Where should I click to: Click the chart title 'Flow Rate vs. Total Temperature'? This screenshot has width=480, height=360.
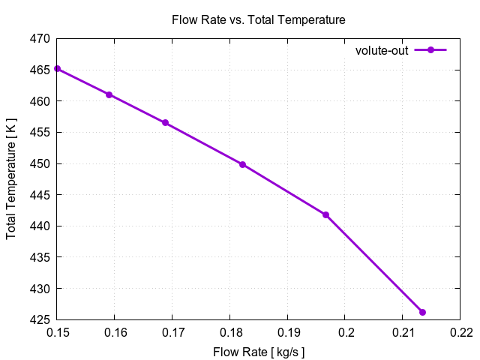point(259,20)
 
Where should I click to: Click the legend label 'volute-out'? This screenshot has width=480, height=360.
point(382,50)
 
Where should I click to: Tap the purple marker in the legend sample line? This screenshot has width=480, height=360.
point(430,50)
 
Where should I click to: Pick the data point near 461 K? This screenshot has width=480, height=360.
point(109,94)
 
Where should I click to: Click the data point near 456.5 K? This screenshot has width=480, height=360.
point(165,123)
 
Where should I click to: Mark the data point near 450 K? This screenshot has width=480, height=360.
point(242,164)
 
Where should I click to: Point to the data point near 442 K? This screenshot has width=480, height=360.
point(325,214)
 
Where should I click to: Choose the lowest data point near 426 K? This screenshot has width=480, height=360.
point(422,312)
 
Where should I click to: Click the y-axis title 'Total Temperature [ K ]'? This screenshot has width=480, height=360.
point(11,178)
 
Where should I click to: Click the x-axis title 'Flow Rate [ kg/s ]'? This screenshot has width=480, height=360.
point(259,352)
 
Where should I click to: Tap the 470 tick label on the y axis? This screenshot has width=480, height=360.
point(40,38)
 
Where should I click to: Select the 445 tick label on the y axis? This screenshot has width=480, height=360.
point(40,195)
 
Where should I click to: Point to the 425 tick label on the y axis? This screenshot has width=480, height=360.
point(40,320)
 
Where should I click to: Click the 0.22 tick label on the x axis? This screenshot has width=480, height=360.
point(460,332)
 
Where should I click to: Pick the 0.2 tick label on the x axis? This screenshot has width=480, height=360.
point(345,332)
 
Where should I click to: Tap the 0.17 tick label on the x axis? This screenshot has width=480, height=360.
point(172,332)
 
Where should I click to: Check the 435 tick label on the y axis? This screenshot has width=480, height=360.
point(40,257)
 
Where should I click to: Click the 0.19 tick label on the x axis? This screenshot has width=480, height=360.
point(287,332)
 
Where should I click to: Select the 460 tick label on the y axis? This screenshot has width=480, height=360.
point(40,101)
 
